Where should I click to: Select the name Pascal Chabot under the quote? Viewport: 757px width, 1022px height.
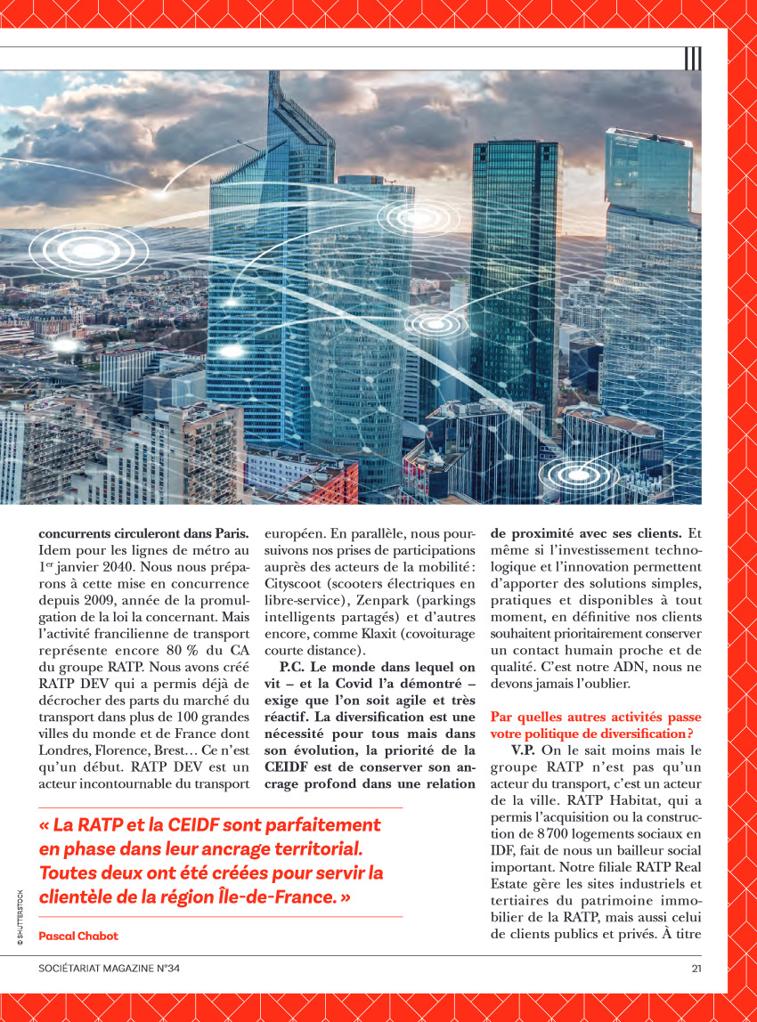[x=78, y=936]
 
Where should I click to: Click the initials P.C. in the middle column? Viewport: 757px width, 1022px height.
[x=293, y=666]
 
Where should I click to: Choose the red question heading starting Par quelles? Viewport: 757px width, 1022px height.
[x=596, y=725]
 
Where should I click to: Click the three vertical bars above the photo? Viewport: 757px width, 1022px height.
[x=693, y=59]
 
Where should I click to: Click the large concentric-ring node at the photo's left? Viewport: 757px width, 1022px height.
[x=77, y=251]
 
